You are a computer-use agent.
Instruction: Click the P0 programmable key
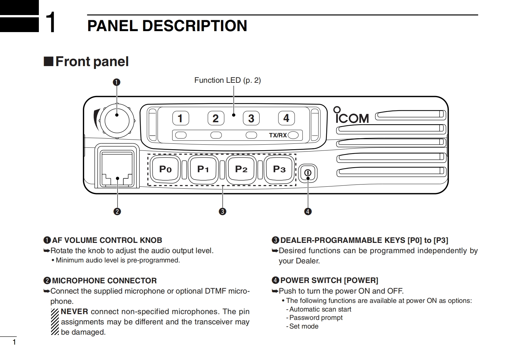click(x=165, y=169)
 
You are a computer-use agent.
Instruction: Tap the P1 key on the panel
click(x=203, y=169)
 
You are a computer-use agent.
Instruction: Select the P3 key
click(x=279, y=169)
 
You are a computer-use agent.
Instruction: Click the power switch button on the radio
click(x=308, y=173)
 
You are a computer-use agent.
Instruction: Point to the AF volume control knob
click(x=117, y=121)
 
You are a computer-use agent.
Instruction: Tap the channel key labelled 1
click(x=180, y=118)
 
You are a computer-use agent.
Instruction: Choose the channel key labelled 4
click(x=286, y=118)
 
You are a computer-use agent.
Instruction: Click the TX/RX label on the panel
click(x=278, y=135)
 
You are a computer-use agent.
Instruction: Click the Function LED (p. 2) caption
click(x=227, y=80)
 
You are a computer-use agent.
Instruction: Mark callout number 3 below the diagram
click(x=222, y=211)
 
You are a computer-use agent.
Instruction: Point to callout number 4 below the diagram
click(x=308, y=211)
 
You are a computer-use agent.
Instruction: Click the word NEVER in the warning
click(x=74, y=312)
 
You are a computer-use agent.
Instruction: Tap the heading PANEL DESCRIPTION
click(x=167, y=26)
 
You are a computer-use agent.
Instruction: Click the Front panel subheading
click(x=92, y=62)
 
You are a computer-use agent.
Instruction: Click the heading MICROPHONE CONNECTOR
click(x=104, y=281)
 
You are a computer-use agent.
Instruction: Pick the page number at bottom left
click(x=14, y=342)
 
